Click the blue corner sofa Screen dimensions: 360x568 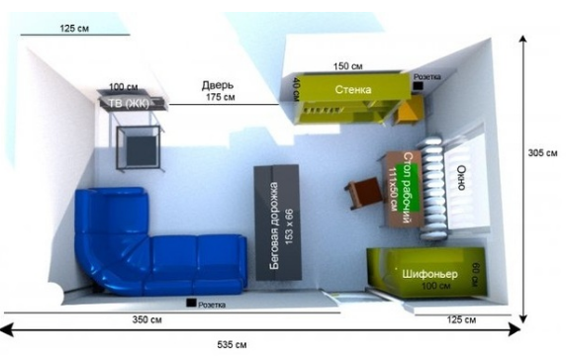tap(158, 252)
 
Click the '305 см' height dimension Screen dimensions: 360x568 tap(542, 153)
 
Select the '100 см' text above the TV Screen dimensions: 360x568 tap(123, 86)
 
